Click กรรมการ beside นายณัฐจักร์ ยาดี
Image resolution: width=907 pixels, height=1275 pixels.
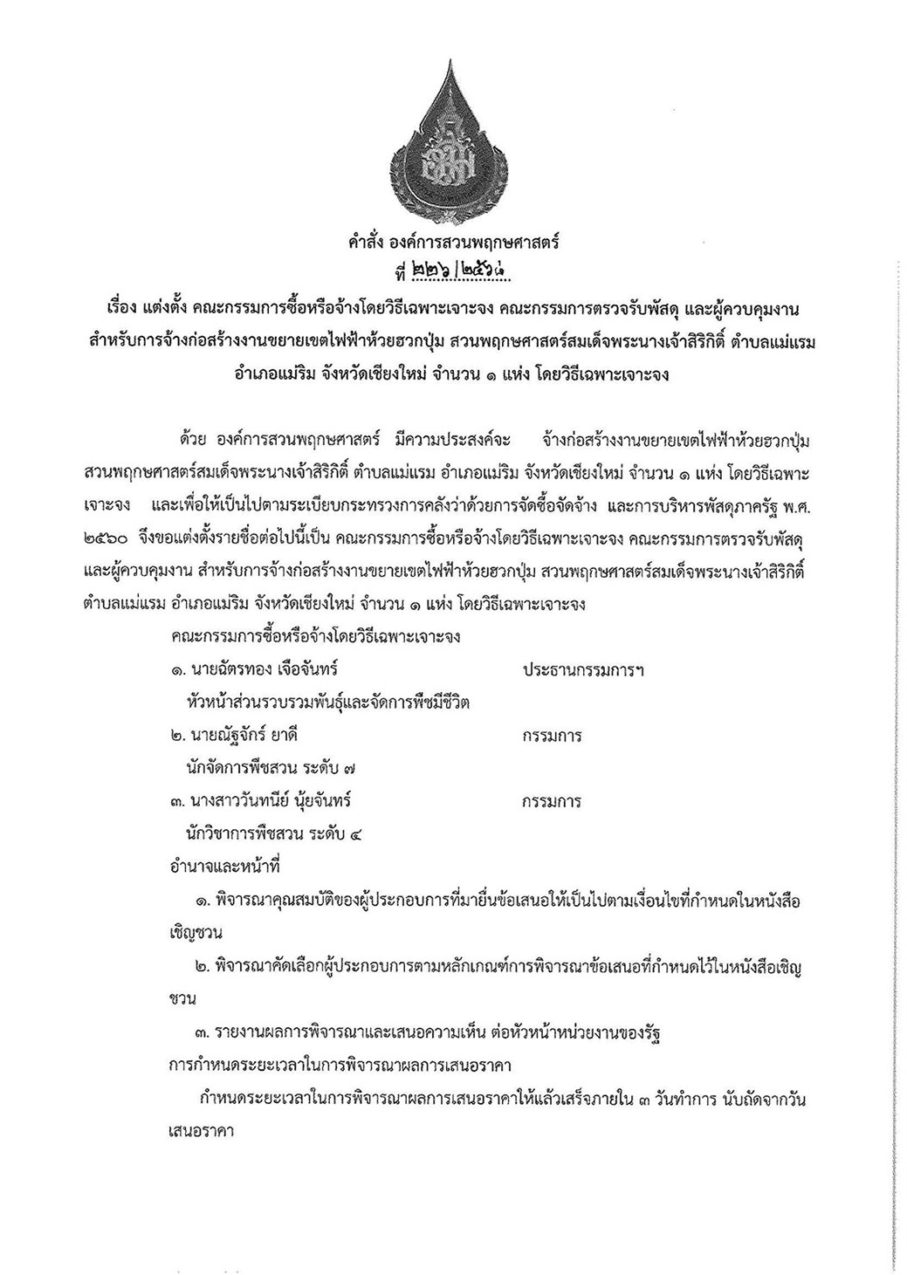(552, 735)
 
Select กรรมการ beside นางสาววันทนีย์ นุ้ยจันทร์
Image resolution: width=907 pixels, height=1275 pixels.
(552, 800)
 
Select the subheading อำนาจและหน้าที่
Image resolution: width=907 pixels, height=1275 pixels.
(224, 867)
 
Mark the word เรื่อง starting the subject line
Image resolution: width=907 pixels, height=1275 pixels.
(124, 309)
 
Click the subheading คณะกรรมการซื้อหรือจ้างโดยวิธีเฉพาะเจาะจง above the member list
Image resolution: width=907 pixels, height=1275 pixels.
(316, 636)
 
